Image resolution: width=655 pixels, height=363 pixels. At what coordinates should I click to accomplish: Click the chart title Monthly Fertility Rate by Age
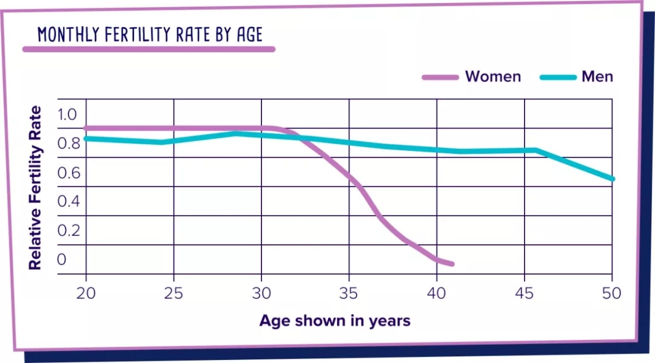pyautogui.click(x=150, y=35)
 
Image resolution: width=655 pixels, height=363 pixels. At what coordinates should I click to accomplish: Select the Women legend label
pyautogui.click(x=492, y=76)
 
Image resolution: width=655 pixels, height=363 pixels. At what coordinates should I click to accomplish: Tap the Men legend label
pyautogui.click(x=597, y=76)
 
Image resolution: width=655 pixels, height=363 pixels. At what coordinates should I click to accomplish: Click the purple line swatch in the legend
pyautogui.click(x=440, y=77)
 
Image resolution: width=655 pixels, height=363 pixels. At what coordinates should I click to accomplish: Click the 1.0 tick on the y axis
pyautogui.click(x=69, y=114)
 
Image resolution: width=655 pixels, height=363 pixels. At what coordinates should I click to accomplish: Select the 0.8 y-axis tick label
pyautogui.click(x=69, y=144)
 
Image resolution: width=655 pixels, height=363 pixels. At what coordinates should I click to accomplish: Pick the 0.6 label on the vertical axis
pyautogui.click(x=69, y=173)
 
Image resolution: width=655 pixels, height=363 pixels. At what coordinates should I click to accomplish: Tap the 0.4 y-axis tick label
pyautogui.click(x=69, y=201)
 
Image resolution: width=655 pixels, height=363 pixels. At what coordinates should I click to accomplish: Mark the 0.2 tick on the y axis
pyautogui.click(x=69, y=230)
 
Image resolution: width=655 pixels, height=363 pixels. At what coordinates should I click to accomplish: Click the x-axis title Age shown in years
pyautogui.click(x=335, y=321)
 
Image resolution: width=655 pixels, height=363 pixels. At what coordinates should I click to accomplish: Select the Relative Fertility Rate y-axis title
pyautogui.click(x=36, y=188)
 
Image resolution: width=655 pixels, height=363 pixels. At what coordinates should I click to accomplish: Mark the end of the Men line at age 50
pyautogui.click(x=612, y=179)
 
